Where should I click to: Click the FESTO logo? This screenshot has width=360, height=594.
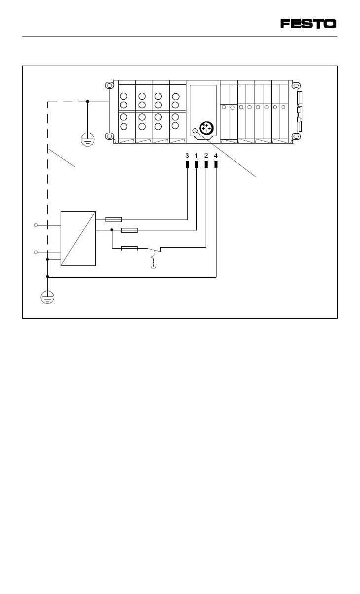pos(309,24)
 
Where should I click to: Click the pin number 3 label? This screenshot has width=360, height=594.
pos(187,155)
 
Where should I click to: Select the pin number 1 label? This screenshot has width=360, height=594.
pos(196,155)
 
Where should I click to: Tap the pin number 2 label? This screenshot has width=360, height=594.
pos(206,155)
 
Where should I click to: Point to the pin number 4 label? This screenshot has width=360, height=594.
pos(216,155)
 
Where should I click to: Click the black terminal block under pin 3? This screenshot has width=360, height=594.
pos(187,164)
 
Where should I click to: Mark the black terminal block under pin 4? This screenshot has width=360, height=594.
pos(216,164)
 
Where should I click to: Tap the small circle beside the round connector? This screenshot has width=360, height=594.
pos(195,131)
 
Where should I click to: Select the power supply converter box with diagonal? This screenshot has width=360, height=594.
pos(78,238)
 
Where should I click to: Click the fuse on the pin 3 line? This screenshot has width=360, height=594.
pos(113,219)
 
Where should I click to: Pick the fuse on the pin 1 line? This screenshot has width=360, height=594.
pos(129,229)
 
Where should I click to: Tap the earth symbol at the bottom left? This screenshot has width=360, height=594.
pos(47,297)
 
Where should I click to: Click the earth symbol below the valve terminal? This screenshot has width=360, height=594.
pos(87,141)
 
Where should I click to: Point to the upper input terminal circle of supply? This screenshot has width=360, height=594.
pos(36,225)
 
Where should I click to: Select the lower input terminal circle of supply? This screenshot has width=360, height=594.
pos(36,253)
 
